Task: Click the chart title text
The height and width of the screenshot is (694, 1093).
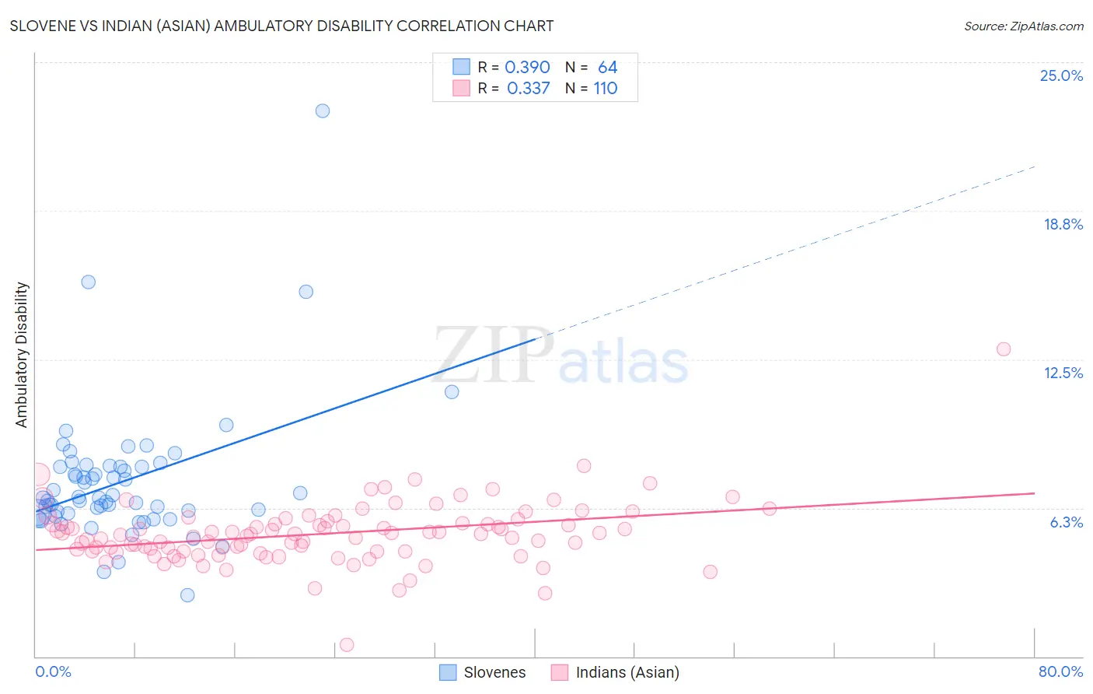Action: [281, 26]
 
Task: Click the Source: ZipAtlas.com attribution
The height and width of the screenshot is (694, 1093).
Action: [1023, 26]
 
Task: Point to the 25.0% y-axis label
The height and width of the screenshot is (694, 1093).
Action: [1061, 75]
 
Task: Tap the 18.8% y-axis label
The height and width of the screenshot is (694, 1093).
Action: [1063, 224]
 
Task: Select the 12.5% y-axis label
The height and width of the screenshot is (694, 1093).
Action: [1063, 373]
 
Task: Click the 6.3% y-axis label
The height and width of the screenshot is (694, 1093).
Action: [1066, 522]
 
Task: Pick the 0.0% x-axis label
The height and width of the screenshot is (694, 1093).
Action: [53, 671]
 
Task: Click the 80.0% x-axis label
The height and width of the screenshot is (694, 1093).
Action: [1060, 671]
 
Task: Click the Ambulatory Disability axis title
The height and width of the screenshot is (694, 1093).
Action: [22, 355]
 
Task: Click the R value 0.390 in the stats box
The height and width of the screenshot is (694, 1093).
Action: [527, 68]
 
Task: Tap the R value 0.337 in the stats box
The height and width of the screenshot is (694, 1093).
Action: [528, 89]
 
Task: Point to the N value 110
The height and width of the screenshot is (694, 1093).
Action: [606, 89]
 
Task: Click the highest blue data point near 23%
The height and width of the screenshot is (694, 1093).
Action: [323, 110]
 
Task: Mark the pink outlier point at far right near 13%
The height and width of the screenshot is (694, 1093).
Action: [1004, 349]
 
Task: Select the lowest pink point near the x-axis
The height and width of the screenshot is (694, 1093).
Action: [347, 644]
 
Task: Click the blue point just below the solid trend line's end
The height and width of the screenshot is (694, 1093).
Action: [452, 391]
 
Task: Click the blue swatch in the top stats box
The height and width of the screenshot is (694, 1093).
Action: [462, 67]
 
